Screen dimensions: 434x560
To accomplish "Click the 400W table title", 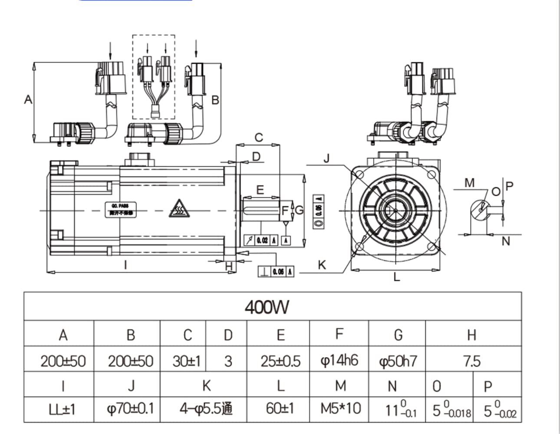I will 267,308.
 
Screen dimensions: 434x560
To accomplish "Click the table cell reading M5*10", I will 340,408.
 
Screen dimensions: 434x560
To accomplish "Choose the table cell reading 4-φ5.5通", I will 206,408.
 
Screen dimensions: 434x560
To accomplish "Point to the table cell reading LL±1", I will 63,409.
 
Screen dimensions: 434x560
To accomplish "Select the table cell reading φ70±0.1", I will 130,408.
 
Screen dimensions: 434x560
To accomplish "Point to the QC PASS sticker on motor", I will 120,209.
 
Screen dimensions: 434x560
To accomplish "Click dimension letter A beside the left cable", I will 28,100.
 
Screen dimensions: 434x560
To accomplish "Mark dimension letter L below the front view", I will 396,277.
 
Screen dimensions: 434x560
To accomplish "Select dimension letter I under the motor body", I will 125,264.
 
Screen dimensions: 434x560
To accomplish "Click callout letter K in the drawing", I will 322,265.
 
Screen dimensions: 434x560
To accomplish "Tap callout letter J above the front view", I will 326,158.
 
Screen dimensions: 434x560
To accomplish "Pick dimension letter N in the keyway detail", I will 505,241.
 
